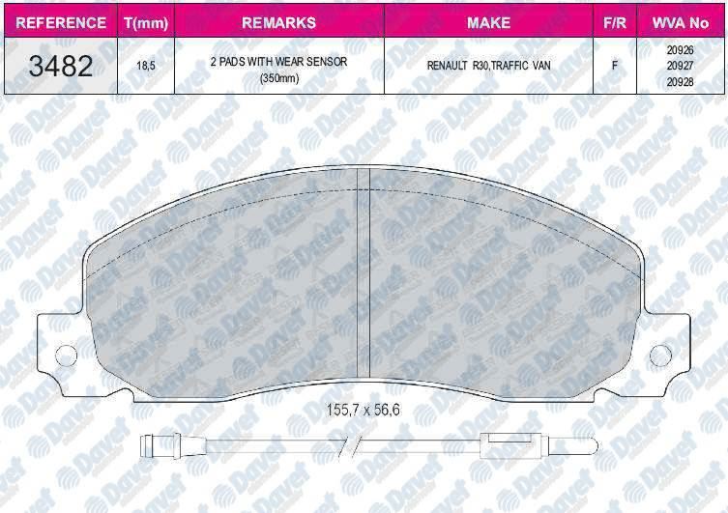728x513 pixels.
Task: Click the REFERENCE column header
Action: [61, 23]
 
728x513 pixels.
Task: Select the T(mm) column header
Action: [146, 23]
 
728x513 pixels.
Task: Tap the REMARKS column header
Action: [279, 23]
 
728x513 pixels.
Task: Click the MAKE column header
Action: [488, 23]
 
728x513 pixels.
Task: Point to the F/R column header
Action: [615, 23]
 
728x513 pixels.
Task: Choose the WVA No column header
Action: [681, 23]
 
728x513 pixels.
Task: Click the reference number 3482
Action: [61, 66]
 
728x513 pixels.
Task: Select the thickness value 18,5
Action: [146, 66]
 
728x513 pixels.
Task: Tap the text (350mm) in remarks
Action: [279, 78]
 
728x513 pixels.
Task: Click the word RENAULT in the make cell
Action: [447, 66]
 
